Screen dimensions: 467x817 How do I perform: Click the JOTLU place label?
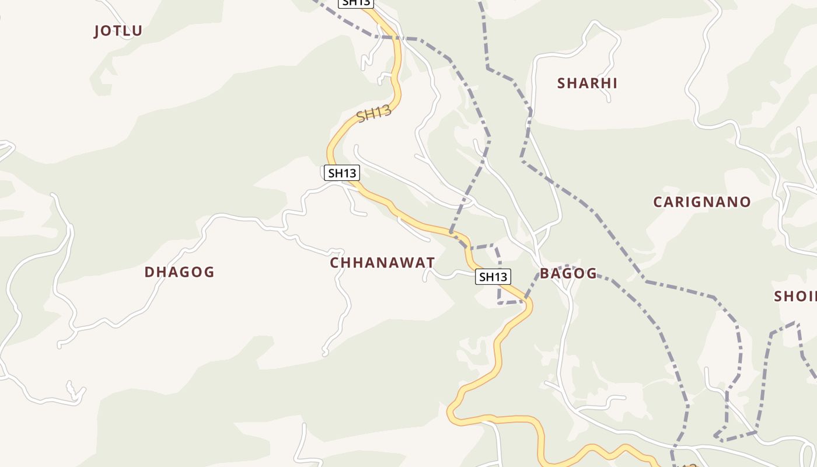pyautogui.click(x=118, y=31)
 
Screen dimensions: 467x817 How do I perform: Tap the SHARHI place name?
pyautogui.click(x=587, y=83)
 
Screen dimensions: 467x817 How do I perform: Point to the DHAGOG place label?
pyautogui.click(x=179, y=272)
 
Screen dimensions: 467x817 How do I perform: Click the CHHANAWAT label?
pyautogui.click(x=382, y=263)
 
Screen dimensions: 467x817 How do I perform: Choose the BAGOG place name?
pyautogui.click(x=568, y=274)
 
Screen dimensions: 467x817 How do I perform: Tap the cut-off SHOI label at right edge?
pyautogui.click(x=795, y=297)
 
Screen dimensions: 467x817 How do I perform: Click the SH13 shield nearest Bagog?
pyautogui.click(x=493, y=277)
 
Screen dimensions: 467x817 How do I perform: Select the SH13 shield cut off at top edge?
pyautogui.click(x=355, y=3)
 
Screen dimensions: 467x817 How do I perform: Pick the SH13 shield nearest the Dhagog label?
pyautogui.click(x=341, y=173)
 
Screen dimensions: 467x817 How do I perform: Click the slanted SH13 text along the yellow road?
pyautogui.click(x=373, y=113)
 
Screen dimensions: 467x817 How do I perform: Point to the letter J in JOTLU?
pyautogui.click(x=97, y=32)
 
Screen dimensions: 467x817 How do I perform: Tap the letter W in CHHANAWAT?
pyautogui.click(x=406, y=263)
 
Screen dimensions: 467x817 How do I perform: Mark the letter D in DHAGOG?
pyautogui.click(x=149, y=272)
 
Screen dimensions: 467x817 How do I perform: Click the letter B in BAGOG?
pyautogui.click(x=544, y=274)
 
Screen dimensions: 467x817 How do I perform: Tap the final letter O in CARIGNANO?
pyautogui.click(x=745, y=203)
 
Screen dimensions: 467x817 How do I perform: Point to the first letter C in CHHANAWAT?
pyautogui.click(x=335, y=263)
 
